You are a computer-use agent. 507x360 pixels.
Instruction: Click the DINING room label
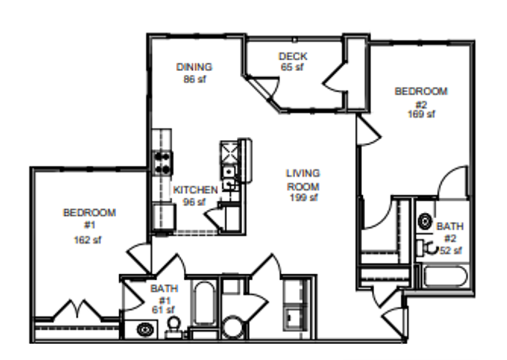point(194,67)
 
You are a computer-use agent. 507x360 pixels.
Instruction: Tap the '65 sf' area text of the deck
point(292,67)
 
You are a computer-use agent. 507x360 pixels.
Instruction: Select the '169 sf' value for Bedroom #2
point(421,114)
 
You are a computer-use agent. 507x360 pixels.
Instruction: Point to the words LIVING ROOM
point(303,180)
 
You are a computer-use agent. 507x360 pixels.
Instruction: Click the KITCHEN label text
point(195,190)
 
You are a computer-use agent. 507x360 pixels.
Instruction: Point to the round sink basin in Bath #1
point(145,330)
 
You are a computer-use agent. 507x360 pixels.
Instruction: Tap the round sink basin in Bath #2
point(425,222)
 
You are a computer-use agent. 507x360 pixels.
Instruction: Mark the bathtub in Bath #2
point(446,276)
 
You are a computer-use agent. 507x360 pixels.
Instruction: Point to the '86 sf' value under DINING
point(194,79)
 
